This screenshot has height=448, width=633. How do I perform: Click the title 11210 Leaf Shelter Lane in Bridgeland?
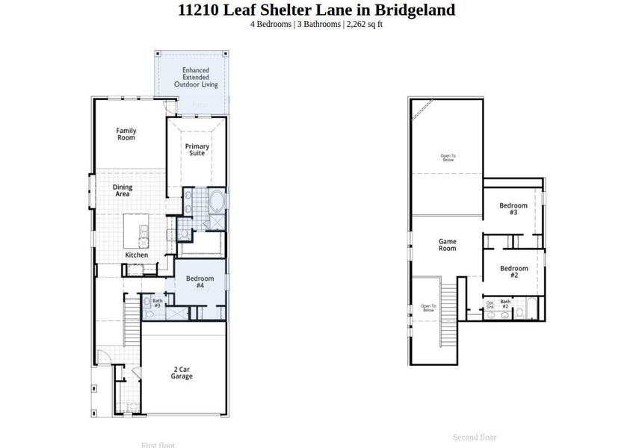click(x=316, y=10)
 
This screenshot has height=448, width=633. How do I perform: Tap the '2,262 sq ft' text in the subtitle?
click(x=365, y=24)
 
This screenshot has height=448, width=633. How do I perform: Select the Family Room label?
click(x=126, y=134)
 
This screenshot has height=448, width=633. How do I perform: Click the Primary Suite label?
click(x=197, y=149)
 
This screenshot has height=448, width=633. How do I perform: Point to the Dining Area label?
click(x=123, y=190)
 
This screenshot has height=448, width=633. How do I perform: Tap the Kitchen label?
click(x=137, y=255)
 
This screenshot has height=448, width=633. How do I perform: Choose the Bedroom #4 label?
click(x=200, y=282)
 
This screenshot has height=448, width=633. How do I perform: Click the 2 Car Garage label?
click(x=182, y=373)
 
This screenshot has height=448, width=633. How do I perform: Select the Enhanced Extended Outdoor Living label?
click(x=196, y=78)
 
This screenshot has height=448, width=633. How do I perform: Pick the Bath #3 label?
click(x=158, y=303)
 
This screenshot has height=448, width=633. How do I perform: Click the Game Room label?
click(x=447, y=245)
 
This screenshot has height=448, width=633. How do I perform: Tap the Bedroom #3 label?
click(x=513, y=209)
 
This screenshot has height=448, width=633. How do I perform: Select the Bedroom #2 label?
click(x=513, y=272)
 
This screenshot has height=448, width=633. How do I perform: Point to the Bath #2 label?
click(x=505, y=304)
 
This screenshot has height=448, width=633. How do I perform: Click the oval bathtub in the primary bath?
click(x=217, y=202)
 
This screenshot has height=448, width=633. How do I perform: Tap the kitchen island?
click(x=137, y=230)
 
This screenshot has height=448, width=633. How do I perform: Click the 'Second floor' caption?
click(x=475, y=437)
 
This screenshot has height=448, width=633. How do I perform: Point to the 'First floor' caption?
click(x=158, y=444)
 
